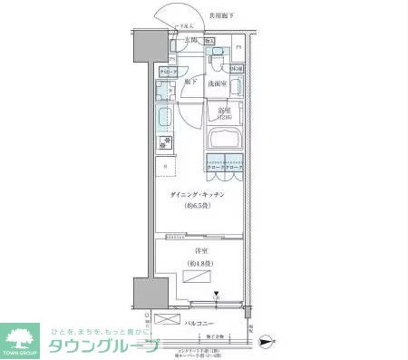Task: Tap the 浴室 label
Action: (x=225, y=111)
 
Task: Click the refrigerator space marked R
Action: (x=165, y=167)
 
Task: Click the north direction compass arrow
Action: (x=264, y=342)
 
